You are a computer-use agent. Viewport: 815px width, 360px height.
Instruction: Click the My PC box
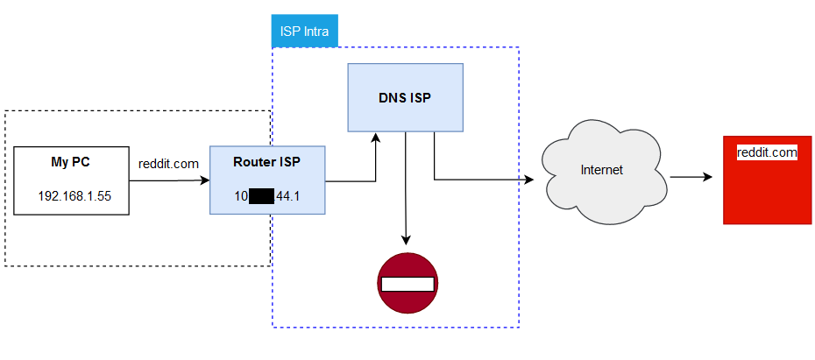(x=70, y=181)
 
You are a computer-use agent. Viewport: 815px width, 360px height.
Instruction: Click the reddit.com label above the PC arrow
(x=169, y=164)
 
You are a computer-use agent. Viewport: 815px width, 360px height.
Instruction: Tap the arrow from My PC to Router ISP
(x=167, y=181)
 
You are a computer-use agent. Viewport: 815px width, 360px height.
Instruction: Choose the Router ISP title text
(x=266, y=163)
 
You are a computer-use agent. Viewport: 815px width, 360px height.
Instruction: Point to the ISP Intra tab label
(x=304, y=32)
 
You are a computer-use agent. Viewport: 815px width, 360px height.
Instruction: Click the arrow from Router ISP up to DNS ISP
(x=376, y=162)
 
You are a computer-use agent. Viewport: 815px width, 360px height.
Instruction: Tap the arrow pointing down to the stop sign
(x=405, y=188)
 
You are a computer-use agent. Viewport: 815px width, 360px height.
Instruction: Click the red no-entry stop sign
(x=407, y=283)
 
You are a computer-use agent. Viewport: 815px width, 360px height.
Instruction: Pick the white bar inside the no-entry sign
(x=407, y=284)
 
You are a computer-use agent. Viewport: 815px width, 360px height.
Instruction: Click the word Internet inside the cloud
(x=601, y=169)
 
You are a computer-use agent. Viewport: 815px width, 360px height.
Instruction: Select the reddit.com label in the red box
(x=767, y=152)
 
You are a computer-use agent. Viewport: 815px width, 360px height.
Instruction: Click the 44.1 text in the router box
(x=288, y=196)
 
